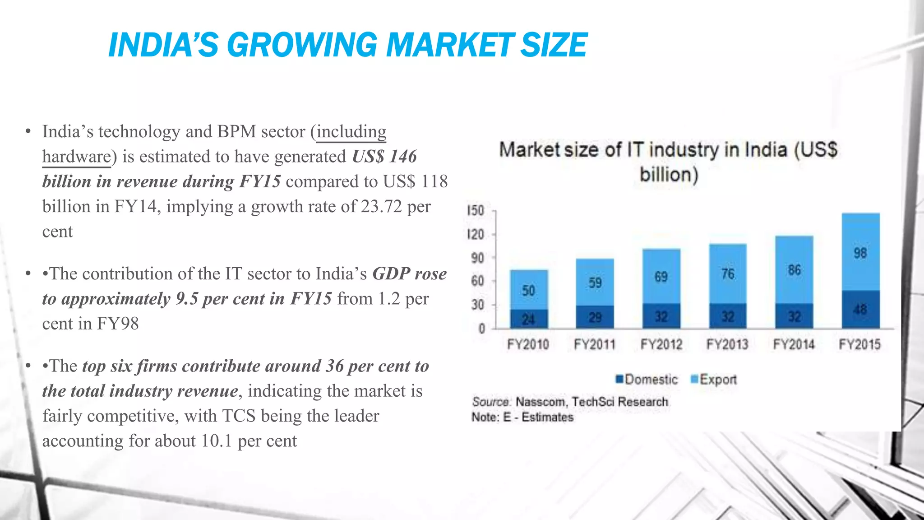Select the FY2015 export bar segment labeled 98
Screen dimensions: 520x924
[860, 253]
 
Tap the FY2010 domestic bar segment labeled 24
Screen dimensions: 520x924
[528, 319]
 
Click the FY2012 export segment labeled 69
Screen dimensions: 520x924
[661, 276]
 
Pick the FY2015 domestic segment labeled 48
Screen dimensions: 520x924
[860, 309]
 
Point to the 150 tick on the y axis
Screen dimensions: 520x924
[476, 211]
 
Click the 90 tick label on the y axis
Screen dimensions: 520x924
[477, 258]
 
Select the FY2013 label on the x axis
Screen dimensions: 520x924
[727, 344]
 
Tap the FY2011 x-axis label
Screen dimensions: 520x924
[594, 344]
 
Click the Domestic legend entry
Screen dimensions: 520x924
[647, 379]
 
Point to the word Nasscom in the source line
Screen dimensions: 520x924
[540, 401]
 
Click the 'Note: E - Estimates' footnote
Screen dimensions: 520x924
[522, 417]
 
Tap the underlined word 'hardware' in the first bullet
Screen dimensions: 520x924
[76, 157]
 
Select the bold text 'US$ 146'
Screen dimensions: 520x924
[384, 157]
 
